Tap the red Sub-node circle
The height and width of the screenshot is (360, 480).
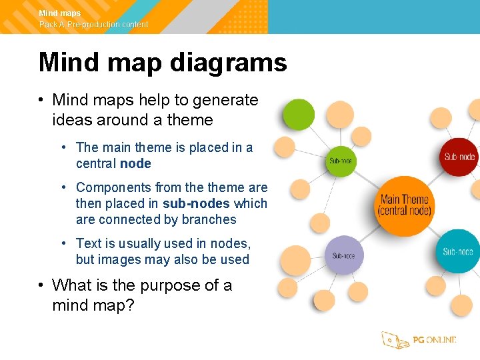pyautogui.click(x=459, y=157)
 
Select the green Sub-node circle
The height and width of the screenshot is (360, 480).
pyautogui.click(x=341, y=161)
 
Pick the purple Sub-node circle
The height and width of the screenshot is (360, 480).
pyautogui.click(x=343, y=255)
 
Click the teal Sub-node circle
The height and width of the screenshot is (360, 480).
pyautogui.click(x=459, y=251)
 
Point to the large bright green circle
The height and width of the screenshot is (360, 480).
pyautogui.click(x=299, y=115)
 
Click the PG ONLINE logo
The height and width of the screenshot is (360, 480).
pyautogui.click(x=419, y=340)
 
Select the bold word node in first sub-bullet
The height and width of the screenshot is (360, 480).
pyautogui.click(x=135, y=164)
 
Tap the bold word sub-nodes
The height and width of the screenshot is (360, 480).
pyautogui.click(x=196, y=204)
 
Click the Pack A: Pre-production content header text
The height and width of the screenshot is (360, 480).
pyautogui.click(x=93, y=25)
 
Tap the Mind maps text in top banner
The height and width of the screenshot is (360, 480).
pyautogui.click(x=60, y=13)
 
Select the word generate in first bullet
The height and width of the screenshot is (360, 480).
pyautogui.click(x=225, y=100)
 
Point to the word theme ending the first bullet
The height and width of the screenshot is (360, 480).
pyautogui.click(x=190, y=121)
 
